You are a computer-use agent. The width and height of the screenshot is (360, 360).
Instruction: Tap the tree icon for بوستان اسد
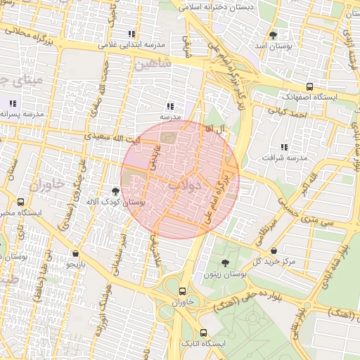click(x=273, y=34)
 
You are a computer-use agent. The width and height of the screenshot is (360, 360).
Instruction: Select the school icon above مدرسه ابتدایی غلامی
click(x=131, y=34)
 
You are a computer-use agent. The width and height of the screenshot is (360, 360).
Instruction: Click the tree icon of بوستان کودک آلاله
click(x=115, y=190)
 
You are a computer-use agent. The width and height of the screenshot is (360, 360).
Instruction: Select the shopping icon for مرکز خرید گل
click(x=273, y=251)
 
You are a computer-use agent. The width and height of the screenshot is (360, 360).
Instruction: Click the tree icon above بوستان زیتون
click(x=225, y=264)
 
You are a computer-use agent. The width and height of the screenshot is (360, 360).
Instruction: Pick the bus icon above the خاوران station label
click(x=183, y=291)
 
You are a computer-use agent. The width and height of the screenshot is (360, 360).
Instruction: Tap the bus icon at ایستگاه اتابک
click(x=203, y=333)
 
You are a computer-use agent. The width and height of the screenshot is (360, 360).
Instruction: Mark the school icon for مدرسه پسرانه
click(x=12, y=103)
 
